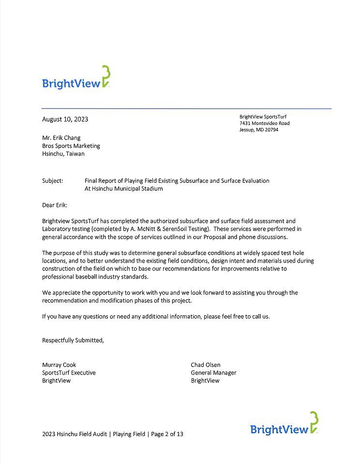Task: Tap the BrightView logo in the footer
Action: click(x=285, y=425)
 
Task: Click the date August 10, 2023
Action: click(x=65, y=119)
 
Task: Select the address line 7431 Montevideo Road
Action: click(x=264, y=123)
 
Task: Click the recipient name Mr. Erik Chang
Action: click(x=61, y=138)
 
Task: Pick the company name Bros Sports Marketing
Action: click(x=71, y=146)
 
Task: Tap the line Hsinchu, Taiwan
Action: click(x=63, y=154)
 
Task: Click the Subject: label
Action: click(x=53, y=181)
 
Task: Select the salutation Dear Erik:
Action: click(x=55, y=205)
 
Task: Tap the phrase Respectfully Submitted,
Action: click(x=73, y=340)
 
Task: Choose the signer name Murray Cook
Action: click(x=59, y=365)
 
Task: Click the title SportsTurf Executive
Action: click(x=69, y=372)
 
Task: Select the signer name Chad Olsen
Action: click(x=206, y=365)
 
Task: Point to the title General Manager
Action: click(x=213, y=372)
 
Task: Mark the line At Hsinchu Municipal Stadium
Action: click(x=123, y=189)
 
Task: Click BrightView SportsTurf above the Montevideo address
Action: click(x=263, y=116)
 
